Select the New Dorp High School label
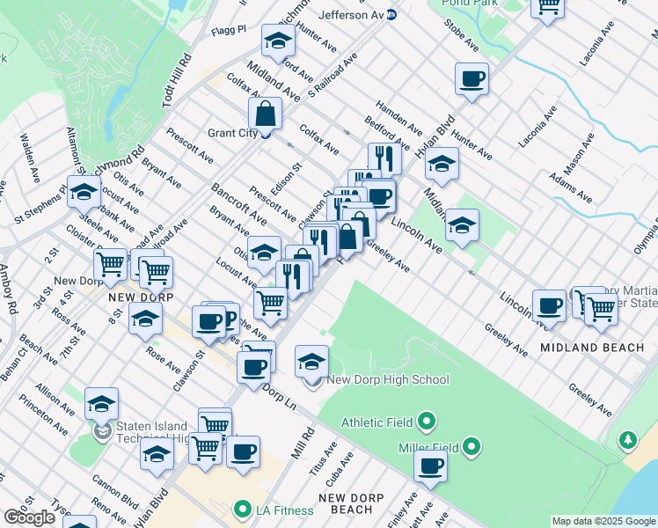(x=387, y=379)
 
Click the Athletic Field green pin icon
(x=426, y=422)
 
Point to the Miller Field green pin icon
(x=472, y=448)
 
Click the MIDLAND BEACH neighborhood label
(x=592, y=348)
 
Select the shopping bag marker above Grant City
(x=265, y=113)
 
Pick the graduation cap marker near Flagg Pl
(x=278, y=40)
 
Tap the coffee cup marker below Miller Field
(x=430, y=466)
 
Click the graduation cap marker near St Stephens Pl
(x=84, y=193)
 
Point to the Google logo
(x=29, y=517)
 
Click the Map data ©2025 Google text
(x=604, y=521)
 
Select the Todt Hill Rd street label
(x=176, y=83)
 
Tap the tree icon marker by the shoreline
(x=628, y=438)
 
